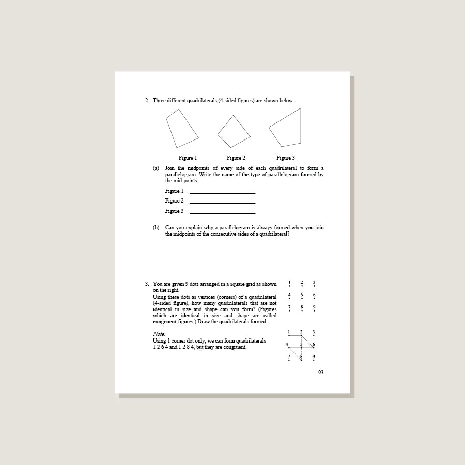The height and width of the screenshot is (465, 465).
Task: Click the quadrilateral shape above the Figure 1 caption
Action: [181, 129]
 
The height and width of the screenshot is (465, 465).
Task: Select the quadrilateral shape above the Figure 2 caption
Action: [234, 132]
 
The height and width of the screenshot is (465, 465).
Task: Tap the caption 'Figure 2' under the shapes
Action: [236, 158]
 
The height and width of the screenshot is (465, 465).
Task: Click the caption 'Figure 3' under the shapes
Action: [285, 158]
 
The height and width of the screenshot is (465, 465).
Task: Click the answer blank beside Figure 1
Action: [222, 192]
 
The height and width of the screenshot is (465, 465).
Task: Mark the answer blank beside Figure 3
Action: [222, 212]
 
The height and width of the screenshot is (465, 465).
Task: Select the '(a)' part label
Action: [156, 168]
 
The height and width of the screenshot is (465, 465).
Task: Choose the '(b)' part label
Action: [156, 227]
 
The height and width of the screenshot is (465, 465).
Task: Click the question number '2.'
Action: [147, 100]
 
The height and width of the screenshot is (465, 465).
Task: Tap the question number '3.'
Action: [147, 284]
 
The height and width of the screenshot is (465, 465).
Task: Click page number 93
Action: [321, 372]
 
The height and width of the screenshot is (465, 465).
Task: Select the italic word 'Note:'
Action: [159, 334]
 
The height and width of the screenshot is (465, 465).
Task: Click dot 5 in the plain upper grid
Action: [302, 298]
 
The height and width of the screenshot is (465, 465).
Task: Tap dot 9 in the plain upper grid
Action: [314, 311]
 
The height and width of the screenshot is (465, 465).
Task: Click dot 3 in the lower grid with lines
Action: [314, 335]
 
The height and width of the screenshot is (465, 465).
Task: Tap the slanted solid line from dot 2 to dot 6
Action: [308, 342]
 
